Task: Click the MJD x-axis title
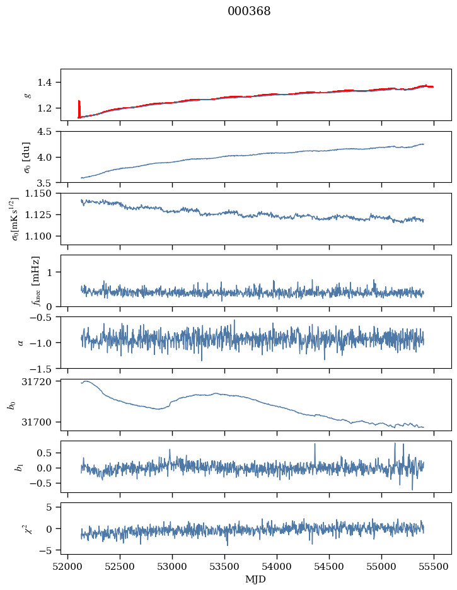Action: click(x=256, y=579)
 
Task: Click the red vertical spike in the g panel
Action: click(x=79, y=108)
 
